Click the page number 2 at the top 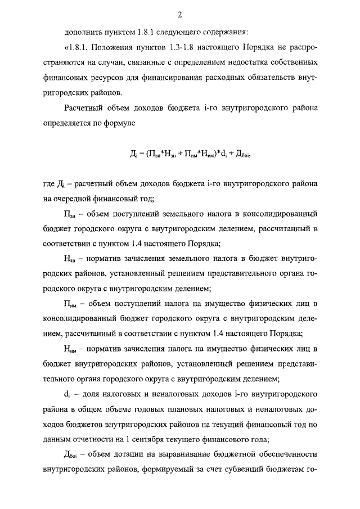pos(179,14)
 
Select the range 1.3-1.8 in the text pos(193,44)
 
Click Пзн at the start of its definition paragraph pos(70,214)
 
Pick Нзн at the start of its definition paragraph pos(70,259)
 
